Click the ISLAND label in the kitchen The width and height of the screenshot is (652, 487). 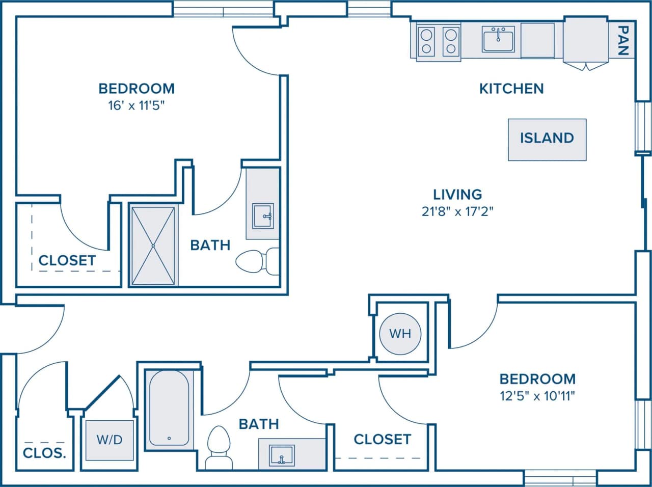[547, 138]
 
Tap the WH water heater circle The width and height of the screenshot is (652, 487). [400, 334]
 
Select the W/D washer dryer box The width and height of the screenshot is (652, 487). [110, 439]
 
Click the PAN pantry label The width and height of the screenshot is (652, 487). [622, 41]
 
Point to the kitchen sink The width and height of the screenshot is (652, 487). [498, 39]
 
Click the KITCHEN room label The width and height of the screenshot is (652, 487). [511, 89]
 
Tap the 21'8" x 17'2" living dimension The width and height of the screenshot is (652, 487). [457, 211]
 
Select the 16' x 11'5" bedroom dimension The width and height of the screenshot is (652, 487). [136, 106]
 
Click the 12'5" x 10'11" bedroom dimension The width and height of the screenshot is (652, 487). [537, 396]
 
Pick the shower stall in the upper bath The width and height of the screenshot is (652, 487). [153, 246]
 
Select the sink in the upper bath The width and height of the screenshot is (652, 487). [263, 216]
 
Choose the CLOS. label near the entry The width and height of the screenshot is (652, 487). [45, 452]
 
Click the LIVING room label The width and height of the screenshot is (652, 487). [457, 194]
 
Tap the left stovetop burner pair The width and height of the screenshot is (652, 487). [426, 42]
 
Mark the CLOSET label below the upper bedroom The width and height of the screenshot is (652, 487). [67, 260]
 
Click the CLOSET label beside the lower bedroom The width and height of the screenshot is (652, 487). [382, 439]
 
